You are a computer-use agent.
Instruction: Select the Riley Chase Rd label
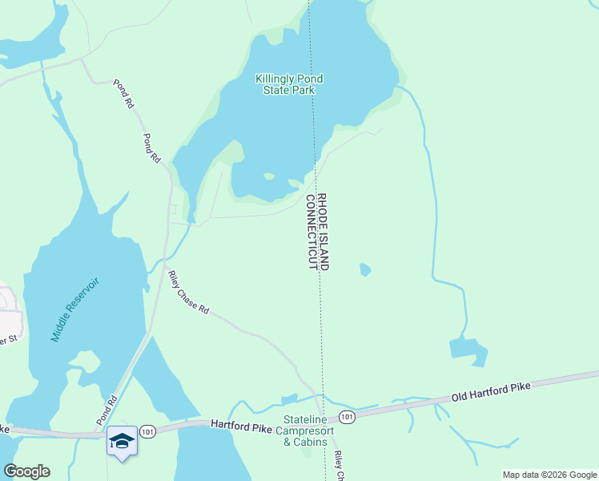[188, 293]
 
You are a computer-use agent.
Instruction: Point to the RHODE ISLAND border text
[323, 231]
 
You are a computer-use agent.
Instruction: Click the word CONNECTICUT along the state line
[311, 231]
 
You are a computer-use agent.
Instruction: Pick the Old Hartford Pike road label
[491, 392]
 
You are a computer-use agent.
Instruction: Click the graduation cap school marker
[122, 440]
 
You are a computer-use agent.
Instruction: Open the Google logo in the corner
[26, 471]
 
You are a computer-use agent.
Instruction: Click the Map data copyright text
[549, 475]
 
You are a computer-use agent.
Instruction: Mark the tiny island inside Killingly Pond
[269, 176]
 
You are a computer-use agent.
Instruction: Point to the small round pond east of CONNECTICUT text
[365, 269]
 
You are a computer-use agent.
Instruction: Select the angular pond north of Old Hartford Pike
[468, 350]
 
